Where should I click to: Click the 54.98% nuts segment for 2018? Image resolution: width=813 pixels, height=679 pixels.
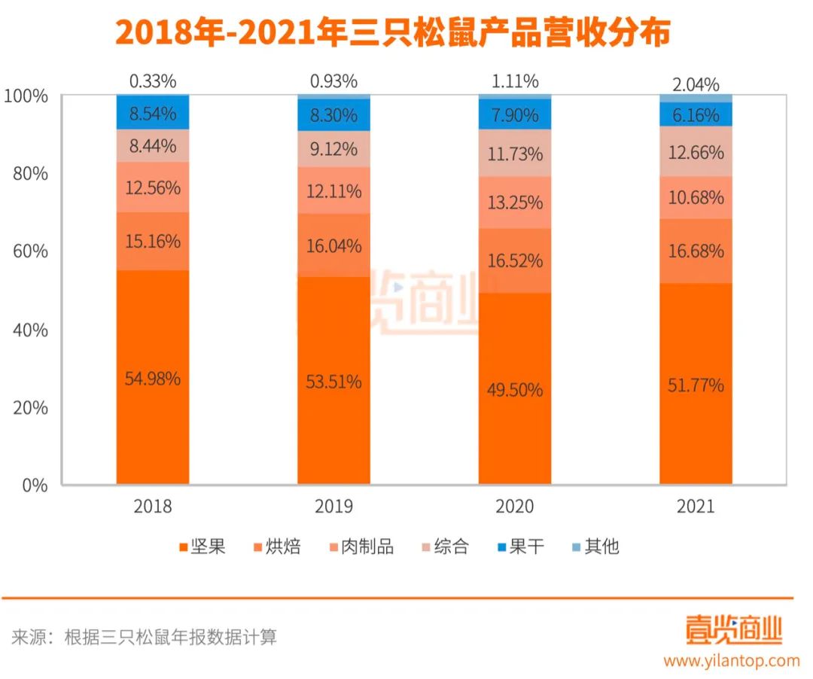tap(152, 378)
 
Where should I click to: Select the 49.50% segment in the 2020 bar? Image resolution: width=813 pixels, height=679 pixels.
tap(515, 389)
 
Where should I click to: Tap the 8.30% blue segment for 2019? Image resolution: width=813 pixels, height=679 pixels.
tap(333, 115)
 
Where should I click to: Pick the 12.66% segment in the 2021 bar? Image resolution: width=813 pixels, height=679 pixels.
tap(696, 151)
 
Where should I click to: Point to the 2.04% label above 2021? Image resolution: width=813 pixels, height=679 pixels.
tap(696, 84)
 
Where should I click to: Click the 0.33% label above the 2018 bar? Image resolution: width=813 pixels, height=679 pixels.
tap(152, 81)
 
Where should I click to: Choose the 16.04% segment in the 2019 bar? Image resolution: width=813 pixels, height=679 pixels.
tap(333, 245)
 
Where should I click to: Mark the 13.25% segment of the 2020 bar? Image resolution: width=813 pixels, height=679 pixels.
tap(515, 202)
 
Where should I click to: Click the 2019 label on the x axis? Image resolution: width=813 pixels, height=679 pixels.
tap(333, 506)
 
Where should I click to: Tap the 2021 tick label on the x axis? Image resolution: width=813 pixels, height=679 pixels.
tap(696, 506)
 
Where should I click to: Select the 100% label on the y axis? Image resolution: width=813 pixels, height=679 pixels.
tap(26, 96)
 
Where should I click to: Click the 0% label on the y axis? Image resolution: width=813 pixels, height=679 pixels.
tap(33, 486)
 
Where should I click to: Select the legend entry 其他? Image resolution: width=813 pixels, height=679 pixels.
tap(592, 547)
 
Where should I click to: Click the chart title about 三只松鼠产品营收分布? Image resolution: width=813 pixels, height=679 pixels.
tap(392, 34)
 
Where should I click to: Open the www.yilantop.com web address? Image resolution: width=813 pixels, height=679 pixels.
tap(731, 661)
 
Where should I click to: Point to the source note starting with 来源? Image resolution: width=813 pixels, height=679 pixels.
tap(144, 638)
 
